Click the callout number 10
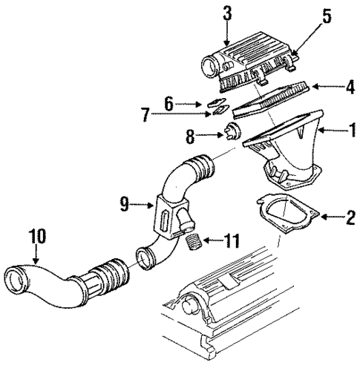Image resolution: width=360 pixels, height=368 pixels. (x=37, y=237)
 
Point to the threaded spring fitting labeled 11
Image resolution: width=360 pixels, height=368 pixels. (x=195, y=241)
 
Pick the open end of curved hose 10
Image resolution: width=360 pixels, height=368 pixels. (x=17, y=286)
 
